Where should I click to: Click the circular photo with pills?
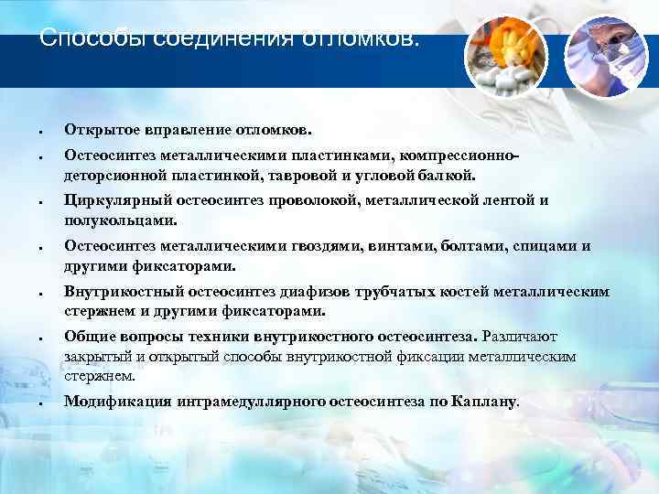coord(506,54)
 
